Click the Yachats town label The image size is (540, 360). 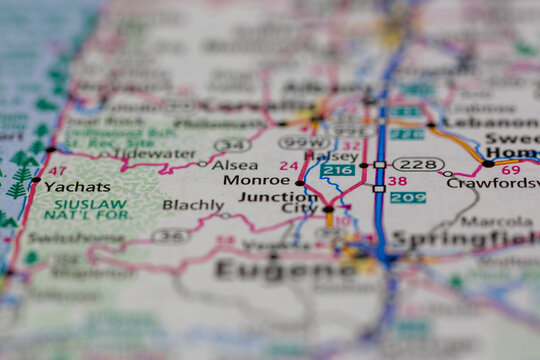[x=76, y=186]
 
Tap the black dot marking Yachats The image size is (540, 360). [x=36, y=181]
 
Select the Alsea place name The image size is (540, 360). [x=234, y=165]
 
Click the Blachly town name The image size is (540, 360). [x=193, y=205]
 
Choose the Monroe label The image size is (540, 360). [x=256, y=181]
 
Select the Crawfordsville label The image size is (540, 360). [x=493, y=183]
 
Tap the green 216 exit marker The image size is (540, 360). [x=338, y=171]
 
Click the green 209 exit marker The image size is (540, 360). [x=407, y=197]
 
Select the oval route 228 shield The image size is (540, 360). [x=418, y=164]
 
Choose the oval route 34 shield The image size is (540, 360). [x=231, y=145]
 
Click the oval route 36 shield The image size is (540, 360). [x=170, y=236]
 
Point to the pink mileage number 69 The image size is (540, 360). [x=510, y=170]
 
